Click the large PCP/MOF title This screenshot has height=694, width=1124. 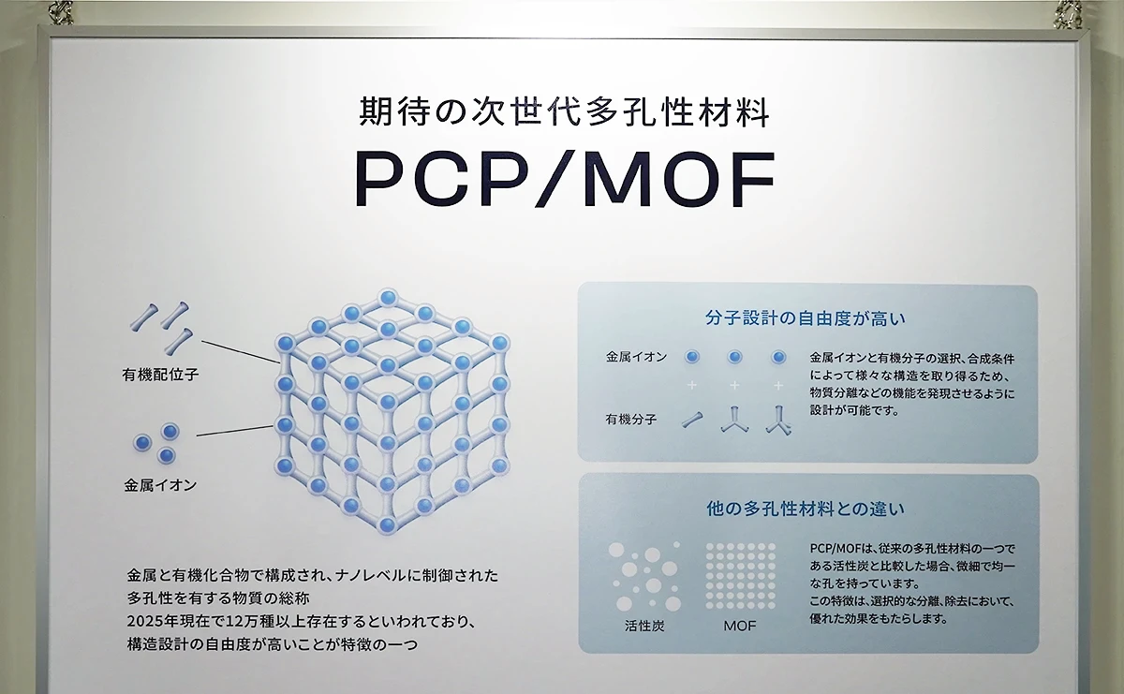566,179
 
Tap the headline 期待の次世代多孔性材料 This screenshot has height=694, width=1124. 564,112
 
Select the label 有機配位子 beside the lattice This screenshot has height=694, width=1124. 160,375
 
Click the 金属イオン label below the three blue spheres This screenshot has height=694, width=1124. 160,485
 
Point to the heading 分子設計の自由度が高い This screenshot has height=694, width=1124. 806,318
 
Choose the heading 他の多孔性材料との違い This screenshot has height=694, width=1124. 806,509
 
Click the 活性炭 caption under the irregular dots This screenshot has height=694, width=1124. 644,626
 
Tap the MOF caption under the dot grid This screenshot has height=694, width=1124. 740,626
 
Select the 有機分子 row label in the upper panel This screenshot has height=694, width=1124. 630,420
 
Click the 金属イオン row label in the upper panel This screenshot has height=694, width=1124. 637,357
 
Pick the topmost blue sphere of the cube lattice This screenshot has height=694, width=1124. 388,298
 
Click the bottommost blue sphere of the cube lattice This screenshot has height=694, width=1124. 388,524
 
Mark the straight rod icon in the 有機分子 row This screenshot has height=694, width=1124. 692,420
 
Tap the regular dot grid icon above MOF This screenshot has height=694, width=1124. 741,576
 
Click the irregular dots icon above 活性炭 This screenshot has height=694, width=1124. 644,576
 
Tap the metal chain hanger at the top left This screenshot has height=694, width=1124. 61,12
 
